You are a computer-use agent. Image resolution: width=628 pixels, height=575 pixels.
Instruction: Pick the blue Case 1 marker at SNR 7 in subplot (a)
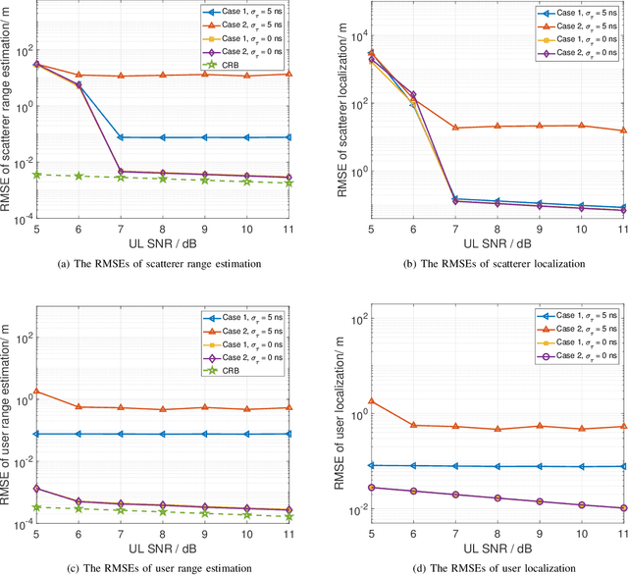(121, 137)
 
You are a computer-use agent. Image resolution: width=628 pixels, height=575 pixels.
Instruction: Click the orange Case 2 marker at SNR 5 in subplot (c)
(36, 391)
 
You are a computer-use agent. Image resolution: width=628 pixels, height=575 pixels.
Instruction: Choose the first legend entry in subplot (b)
(574, 15)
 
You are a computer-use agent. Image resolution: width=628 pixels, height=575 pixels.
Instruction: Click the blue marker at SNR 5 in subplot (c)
(36, 434)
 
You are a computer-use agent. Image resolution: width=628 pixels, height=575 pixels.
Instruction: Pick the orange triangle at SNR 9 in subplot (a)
(204, 74)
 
